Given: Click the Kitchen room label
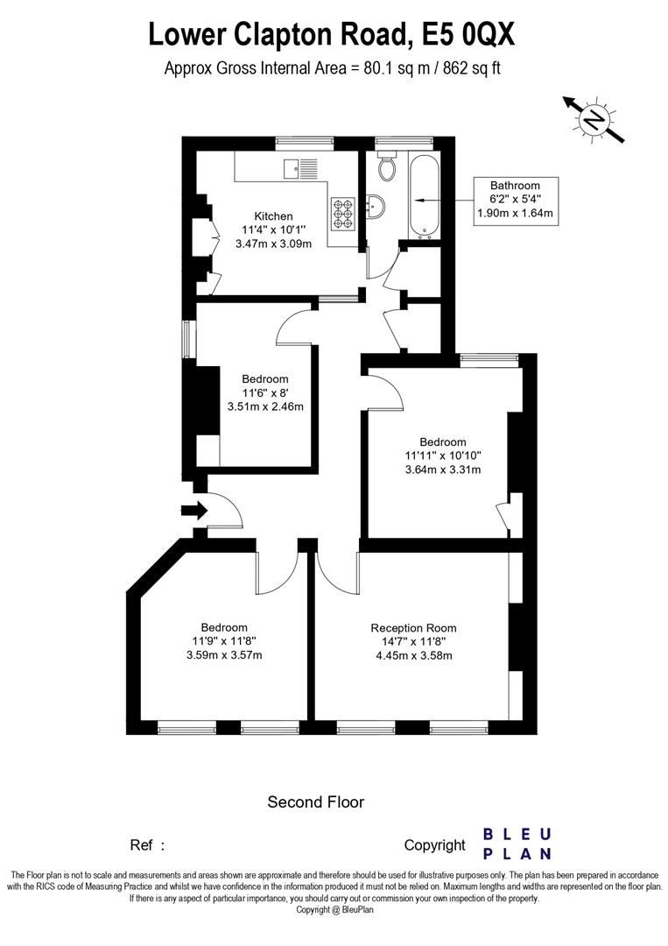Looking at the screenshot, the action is [273, 216].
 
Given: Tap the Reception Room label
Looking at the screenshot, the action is [413, 628].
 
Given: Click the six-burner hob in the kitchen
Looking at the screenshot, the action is [342, 214].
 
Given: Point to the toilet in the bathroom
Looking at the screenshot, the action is [386, 166].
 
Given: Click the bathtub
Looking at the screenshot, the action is [425, 194].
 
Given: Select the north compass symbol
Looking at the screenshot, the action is [594, 120].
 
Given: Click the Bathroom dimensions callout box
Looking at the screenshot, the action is [515, 201].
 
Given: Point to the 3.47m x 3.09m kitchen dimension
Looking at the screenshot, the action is [273, 244].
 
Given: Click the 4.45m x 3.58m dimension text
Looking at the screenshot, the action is [413, 656].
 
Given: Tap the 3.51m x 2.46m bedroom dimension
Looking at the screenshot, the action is [265, 406].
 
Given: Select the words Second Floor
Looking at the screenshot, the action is [316, 801].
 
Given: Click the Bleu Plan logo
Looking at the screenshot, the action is [517, 844].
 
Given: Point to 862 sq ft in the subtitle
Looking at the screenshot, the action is [472, 68].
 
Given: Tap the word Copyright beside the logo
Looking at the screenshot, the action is [435, 845].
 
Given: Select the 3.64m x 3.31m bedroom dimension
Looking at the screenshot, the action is [443, 469].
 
